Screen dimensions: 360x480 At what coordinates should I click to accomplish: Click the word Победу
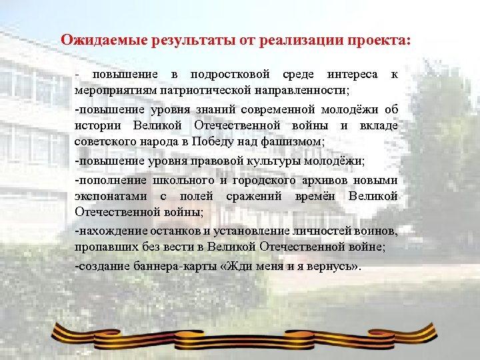point(211,141)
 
